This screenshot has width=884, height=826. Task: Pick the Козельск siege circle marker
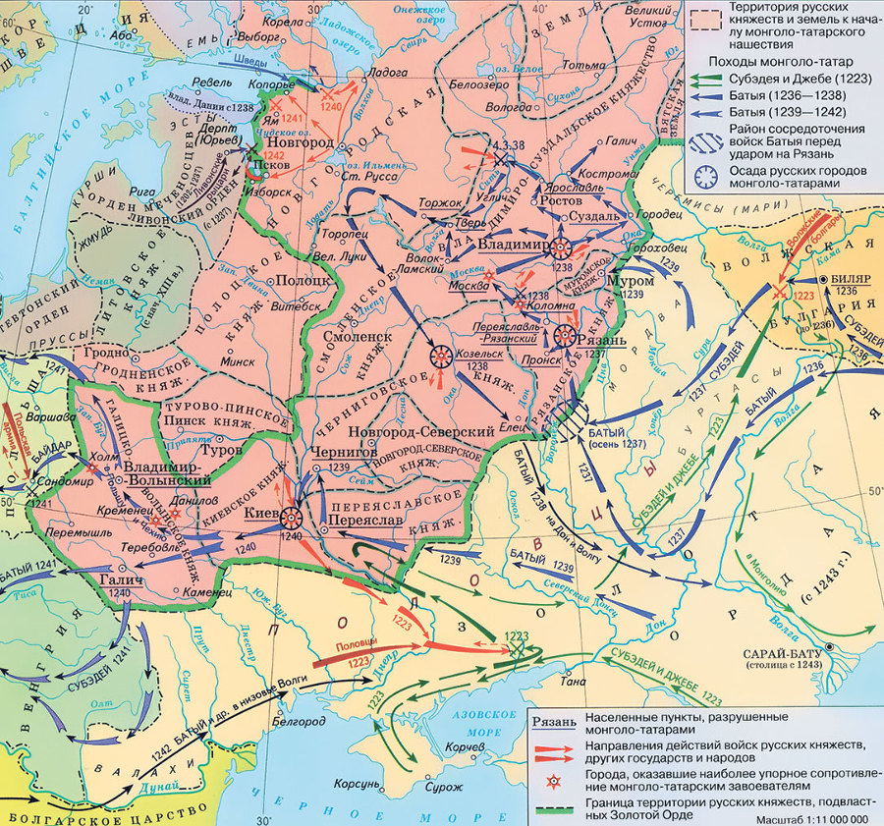440,358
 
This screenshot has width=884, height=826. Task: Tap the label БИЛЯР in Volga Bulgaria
851,278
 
